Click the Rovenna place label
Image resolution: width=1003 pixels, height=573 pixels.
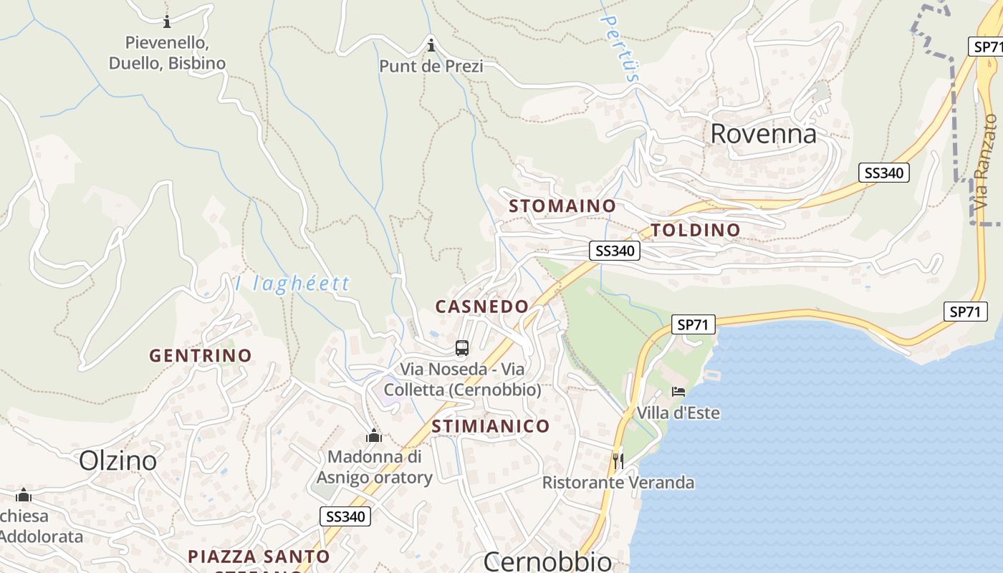pos(763,134)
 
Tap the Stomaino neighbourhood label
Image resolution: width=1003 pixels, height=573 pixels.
pos(562,206)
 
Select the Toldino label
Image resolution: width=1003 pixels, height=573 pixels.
pos(696,230)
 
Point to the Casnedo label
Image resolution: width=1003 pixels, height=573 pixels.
pos(482,307)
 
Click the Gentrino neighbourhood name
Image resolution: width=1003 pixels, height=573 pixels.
pos(201,355)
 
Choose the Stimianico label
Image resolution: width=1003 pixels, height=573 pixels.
pos(491,426)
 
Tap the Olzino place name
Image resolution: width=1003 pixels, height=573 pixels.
pos(117,461)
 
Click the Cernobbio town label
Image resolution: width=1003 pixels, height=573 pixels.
pos(548,561)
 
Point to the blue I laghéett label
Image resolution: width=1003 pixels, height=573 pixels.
pos(292,284)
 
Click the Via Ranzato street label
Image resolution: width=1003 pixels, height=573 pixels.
pos(986,163)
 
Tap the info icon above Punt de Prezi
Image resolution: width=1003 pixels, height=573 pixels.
pos(431,46)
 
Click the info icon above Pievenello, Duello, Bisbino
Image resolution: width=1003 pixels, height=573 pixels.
pos(167,21)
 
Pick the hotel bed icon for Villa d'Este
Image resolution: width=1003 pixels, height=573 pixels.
pos(678,392)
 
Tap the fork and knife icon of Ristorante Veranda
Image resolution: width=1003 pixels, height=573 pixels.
pos(618,461)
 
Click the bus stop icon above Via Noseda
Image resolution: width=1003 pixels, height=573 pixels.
pos(462,349)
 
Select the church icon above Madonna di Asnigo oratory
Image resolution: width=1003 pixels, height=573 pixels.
pos(374,435)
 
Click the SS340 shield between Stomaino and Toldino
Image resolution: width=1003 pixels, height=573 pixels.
pos(615,251)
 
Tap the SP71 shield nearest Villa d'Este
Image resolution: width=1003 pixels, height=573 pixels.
pos(694,324)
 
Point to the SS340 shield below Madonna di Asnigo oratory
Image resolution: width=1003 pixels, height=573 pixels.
pos(345,516)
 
